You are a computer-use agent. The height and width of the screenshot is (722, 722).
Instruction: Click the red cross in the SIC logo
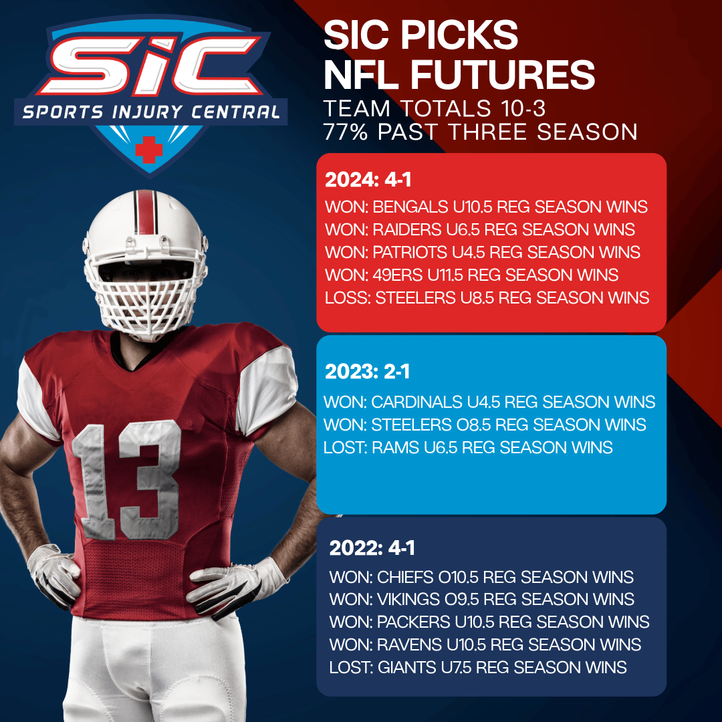(x=148, y=149)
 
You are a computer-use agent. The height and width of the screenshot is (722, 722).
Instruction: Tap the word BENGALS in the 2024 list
(x=410, y=207)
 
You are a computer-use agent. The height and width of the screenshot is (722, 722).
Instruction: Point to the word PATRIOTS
(x=410, y=252)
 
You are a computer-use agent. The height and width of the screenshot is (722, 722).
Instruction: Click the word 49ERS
(x=397, y=275)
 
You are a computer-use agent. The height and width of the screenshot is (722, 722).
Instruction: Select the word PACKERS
(x=414, y=622)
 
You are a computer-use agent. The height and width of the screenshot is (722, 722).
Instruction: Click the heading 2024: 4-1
(x=368, y=180)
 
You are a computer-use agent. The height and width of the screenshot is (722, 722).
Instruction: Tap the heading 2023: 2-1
(x=367, y=372)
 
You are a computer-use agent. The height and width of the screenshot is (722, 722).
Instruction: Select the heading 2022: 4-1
(x=372, y=548)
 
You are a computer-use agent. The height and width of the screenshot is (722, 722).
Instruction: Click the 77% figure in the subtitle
(x=346, y=132)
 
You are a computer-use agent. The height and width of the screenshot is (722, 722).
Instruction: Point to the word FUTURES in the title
(x=503, y=75)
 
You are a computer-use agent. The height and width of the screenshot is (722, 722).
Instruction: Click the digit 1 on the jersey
(x=94, y=482)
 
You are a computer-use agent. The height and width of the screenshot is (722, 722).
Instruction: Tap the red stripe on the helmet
(x=146, y=213)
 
